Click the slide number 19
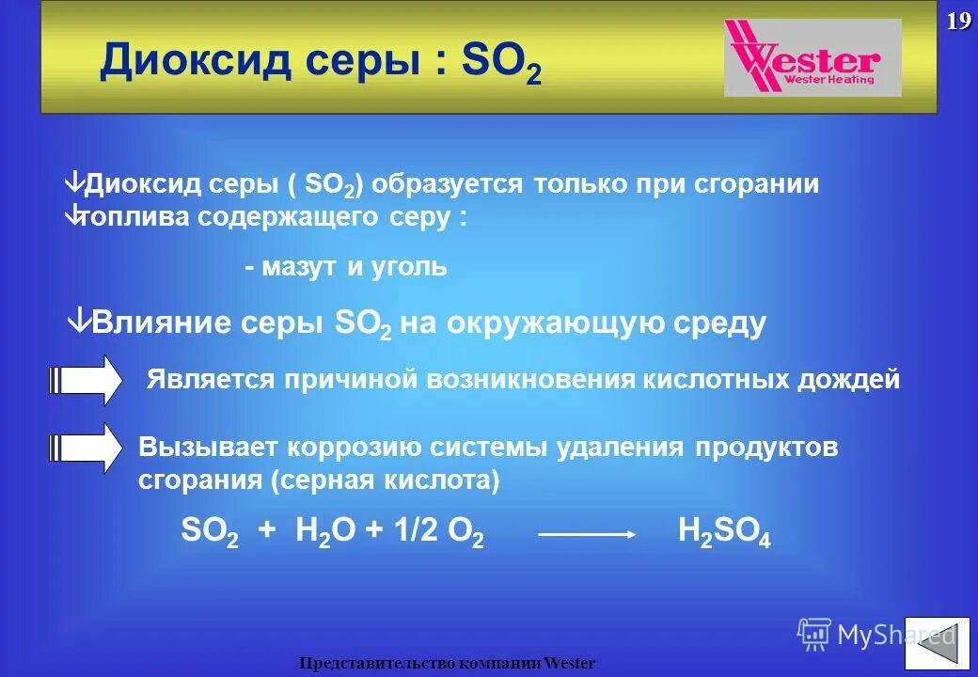point(958,22)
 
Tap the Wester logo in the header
point(812,58)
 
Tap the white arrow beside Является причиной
point(86,380)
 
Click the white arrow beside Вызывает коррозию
point(86,448)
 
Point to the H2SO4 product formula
point(724,533)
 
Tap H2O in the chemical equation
point(325,533)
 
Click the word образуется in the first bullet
point(447,184)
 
